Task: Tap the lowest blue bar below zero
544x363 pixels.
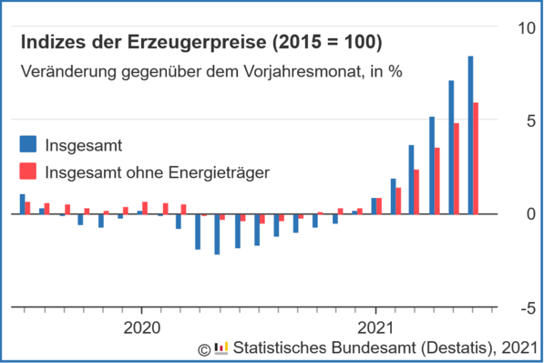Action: click(217, 234)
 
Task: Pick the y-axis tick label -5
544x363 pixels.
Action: click(526, 308)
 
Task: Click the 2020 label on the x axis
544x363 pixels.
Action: click(142, 326)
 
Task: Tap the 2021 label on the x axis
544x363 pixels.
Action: click(376, 326)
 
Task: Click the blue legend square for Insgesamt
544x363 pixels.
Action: click(27, 144)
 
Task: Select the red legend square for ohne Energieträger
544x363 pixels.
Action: click(27, 171)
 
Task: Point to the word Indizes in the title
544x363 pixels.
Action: click(51, 43)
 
